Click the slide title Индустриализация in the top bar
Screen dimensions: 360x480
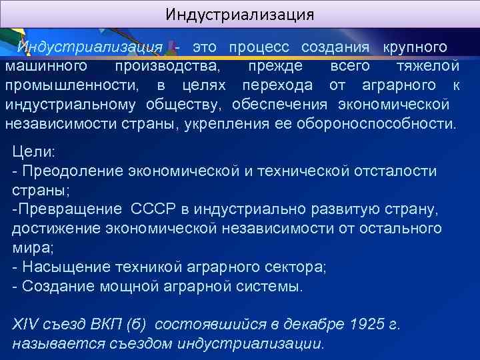(x=239, y=14)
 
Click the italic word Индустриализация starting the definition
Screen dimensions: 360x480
(x=90, y=47)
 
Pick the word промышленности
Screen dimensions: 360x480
(x=73, y=85)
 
